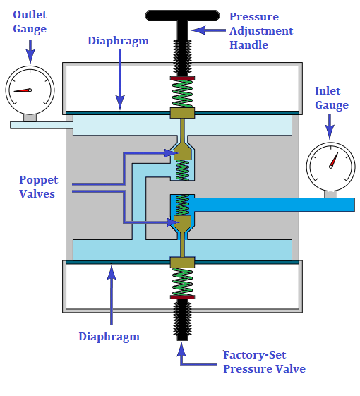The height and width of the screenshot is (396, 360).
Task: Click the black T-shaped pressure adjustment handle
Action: point(182,16)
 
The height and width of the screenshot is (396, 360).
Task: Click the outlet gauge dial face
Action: point(30,90)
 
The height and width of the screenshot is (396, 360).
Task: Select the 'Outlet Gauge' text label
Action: point(30,23)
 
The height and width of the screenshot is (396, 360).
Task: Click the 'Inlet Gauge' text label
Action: point(332,98)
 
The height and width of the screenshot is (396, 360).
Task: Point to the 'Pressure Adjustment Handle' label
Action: point(260,31)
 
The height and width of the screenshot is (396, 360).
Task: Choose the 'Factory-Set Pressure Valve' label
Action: point(263,361)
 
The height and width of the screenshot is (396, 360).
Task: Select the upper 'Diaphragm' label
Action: point(118,40)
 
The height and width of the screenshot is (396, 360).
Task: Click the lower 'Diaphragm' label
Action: point(109,337)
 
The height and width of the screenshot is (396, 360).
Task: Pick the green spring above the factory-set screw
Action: point(182,282)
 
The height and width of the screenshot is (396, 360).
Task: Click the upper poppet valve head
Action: point(182,151)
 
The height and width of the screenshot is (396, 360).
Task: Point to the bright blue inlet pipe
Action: point(275,205)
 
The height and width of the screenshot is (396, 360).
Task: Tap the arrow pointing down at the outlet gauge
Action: point(30,52)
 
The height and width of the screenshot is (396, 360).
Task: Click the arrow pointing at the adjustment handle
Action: point(208,30)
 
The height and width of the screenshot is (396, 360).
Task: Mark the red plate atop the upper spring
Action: point(182,78)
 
